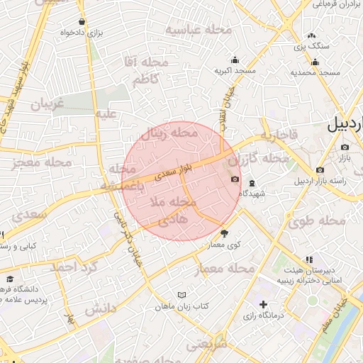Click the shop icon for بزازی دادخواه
82,22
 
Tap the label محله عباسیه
199,29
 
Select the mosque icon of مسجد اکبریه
235,60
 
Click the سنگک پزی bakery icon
312,35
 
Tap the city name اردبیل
345,125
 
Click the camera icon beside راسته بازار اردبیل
320,169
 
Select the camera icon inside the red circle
235,179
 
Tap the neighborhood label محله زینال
169,133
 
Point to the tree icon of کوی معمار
225,233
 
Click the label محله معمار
224,269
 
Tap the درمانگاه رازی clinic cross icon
263,304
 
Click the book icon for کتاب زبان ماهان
182,295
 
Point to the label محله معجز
43,163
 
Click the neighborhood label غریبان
47,104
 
